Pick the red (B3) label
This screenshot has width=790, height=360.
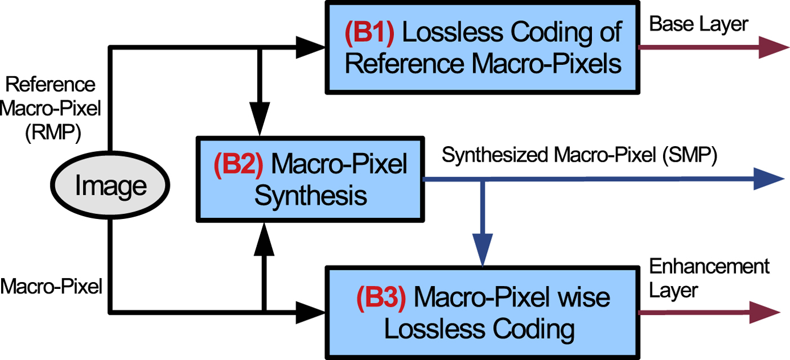(381, 297)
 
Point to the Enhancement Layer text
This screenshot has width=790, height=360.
(709, 278)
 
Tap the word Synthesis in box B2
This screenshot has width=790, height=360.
(310, 196)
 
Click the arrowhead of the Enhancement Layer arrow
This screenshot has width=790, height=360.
(767, 311)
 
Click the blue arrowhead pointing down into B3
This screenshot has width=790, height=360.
(481, 254)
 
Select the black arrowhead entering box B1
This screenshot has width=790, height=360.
(311, 49)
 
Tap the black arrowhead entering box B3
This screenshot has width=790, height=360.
(311, 311)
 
